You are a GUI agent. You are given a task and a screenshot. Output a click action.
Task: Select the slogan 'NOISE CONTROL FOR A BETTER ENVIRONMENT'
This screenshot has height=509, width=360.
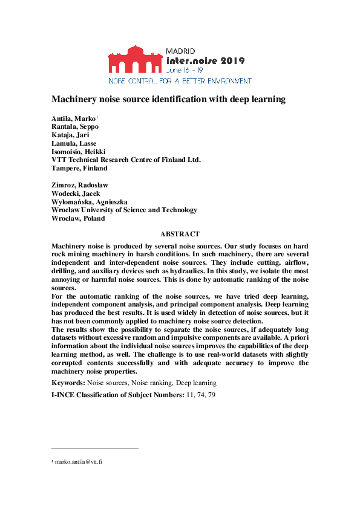coord(180,80)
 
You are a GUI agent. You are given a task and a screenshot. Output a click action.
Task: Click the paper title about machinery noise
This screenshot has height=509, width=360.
coord(168,99)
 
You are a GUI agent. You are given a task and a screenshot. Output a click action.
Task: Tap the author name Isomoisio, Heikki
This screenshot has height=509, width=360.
coord(78,151)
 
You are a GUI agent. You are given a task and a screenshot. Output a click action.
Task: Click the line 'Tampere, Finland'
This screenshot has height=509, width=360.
coord(79,168)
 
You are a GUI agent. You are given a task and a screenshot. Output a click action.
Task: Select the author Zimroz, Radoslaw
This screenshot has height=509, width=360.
coord(77,184)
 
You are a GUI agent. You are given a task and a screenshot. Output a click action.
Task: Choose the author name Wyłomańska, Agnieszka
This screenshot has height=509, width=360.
coord(90,201)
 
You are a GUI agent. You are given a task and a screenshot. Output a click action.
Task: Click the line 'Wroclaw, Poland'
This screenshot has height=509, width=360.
coord(78,218)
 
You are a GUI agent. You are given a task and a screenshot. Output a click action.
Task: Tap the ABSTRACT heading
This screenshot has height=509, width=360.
coord(180,233)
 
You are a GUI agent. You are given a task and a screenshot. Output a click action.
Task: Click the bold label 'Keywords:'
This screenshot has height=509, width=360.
coord(68,383)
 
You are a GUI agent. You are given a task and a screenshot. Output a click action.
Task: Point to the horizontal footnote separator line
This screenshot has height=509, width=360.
coord(95,449)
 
